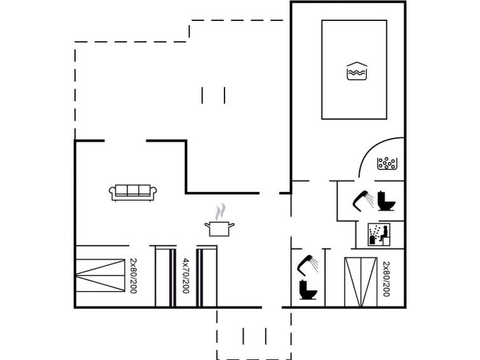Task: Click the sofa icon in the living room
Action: point(133,193)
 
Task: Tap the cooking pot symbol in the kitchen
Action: point(219,229)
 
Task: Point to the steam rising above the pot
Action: point(220,212)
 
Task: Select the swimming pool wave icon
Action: point(357,71)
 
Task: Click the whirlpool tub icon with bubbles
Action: point(387,163)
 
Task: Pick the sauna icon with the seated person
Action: point(379,235)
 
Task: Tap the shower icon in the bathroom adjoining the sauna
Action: point(363,201)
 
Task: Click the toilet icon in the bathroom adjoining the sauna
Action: point(386,201)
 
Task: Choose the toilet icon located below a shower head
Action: point(308,289)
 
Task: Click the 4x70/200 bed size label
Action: point(186,276)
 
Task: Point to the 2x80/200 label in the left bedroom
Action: point(134,276)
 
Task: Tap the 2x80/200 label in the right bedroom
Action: point(387,279)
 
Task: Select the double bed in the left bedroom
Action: point(100,275)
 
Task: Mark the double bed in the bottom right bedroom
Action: point(360,282)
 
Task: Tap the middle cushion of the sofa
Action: point(133,190)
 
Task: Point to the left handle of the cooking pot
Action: point(207,225)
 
